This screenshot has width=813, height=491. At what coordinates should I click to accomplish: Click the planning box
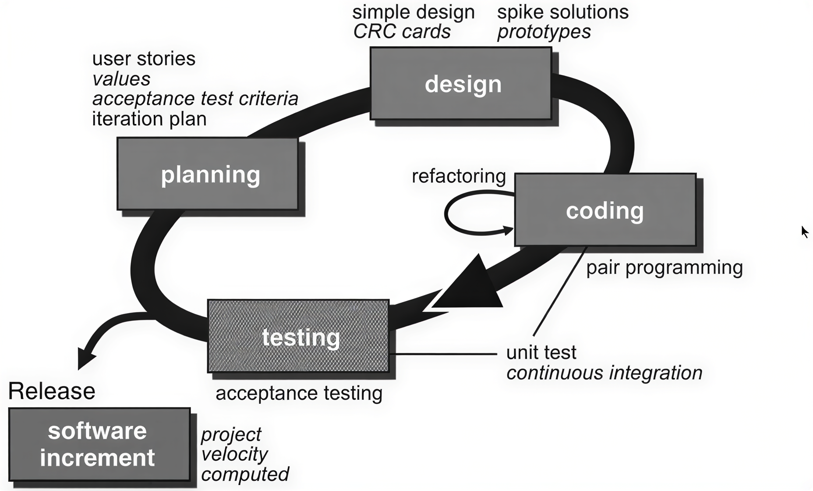coord(208,174)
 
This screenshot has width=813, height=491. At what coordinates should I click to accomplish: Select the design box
coord(461,83)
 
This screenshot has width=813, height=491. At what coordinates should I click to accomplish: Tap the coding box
coord(605,210)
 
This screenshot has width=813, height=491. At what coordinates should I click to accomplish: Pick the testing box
coord(298,336)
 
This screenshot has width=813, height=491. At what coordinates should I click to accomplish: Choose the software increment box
coord(99,445)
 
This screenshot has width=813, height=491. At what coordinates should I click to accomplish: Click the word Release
coord(52,391)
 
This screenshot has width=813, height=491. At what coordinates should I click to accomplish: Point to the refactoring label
coord(459,176)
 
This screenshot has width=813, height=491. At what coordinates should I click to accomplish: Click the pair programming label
coord(664,267)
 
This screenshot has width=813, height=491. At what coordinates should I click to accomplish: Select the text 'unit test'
coord(541,352)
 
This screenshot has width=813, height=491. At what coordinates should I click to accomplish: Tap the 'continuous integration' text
coord(604,373)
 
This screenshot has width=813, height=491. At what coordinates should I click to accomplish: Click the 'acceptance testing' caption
coord(299,393)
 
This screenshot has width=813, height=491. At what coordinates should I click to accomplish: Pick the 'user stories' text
coord(144,59)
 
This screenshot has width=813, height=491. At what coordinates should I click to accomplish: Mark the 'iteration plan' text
coord(149,119)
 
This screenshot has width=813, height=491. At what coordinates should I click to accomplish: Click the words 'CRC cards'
coord(402,32)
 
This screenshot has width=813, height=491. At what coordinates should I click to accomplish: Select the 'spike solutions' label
coord(562,12)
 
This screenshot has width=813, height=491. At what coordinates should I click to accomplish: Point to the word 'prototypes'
coord(544,32)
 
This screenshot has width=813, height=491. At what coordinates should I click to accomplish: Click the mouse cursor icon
coord(805,232)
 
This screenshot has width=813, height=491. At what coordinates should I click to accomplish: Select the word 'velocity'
coord(234,454)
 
